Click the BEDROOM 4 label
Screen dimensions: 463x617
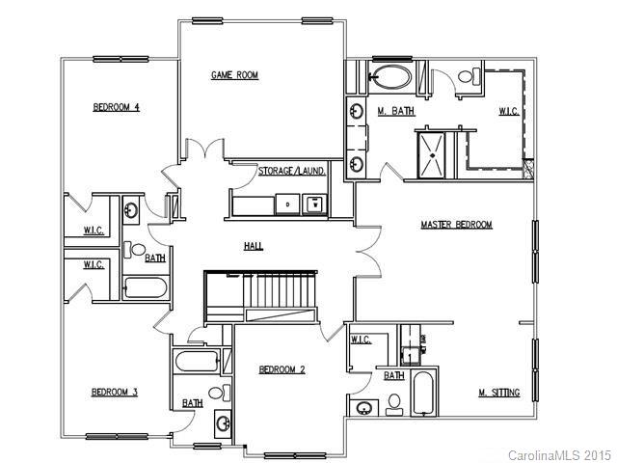point(117,107)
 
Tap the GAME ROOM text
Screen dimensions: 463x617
point(234,75)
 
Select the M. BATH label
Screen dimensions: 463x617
point(395,112)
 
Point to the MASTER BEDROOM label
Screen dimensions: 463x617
point(456,225)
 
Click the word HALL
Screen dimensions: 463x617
point(254,247)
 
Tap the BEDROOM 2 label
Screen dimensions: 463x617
point(282,369)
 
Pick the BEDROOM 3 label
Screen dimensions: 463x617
point(115,392)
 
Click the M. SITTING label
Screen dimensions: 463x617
point(499,393)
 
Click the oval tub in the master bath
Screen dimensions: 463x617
point(391,77)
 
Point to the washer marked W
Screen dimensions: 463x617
point(314,204)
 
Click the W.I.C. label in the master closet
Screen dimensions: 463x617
point(508,112)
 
